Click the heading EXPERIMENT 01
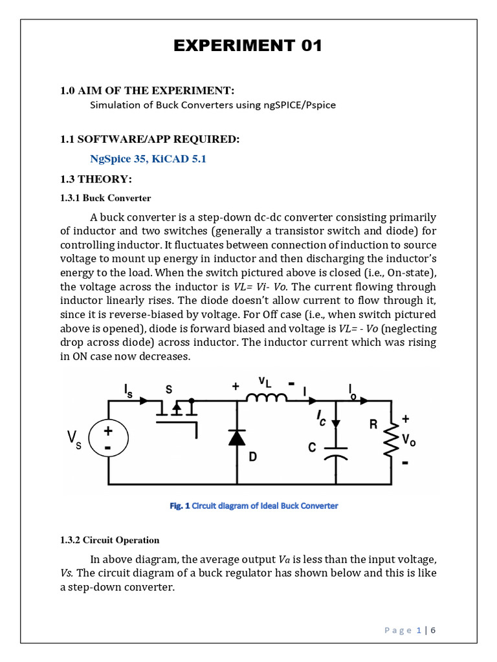tap(248, 46)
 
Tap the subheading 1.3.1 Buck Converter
tap(105, 198)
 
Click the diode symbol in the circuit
tap(237, 438)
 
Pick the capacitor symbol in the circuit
tap(335, 451)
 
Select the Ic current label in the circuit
tap(322, 420)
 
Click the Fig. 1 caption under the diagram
tap(254, 506)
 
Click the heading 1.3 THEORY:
tap(96, 179)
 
